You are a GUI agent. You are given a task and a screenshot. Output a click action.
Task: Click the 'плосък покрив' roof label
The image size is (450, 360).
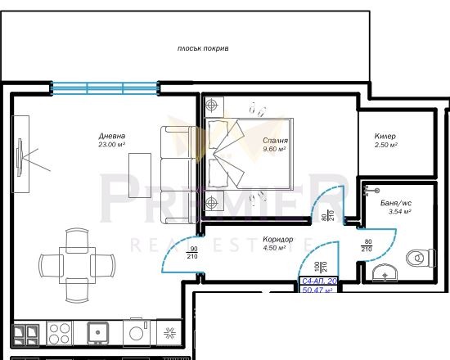coord(203,49)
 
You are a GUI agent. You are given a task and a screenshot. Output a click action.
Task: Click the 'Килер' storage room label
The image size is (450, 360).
coord(385,136)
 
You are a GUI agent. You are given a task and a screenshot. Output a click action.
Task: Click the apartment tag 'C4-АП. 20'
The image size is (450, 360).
coord(318,281)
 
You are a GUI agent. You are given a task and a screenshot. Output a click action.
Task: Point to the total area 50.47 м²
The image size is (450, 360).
coord(318,290)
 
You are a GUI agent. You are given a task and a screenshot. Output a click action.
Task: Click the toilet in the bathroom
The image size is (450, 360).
coord(417,257)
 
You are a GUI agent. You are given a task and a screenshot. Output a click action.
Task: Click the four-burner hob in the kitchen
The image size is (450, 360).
coord(60,331)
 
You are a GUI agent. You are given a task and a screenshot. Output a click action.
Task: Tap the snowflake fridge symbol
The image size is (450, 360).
coord(169,332)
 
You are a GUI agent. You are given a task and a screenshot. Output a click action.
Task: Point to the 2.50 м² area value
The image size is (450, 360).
coord(385,145)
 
